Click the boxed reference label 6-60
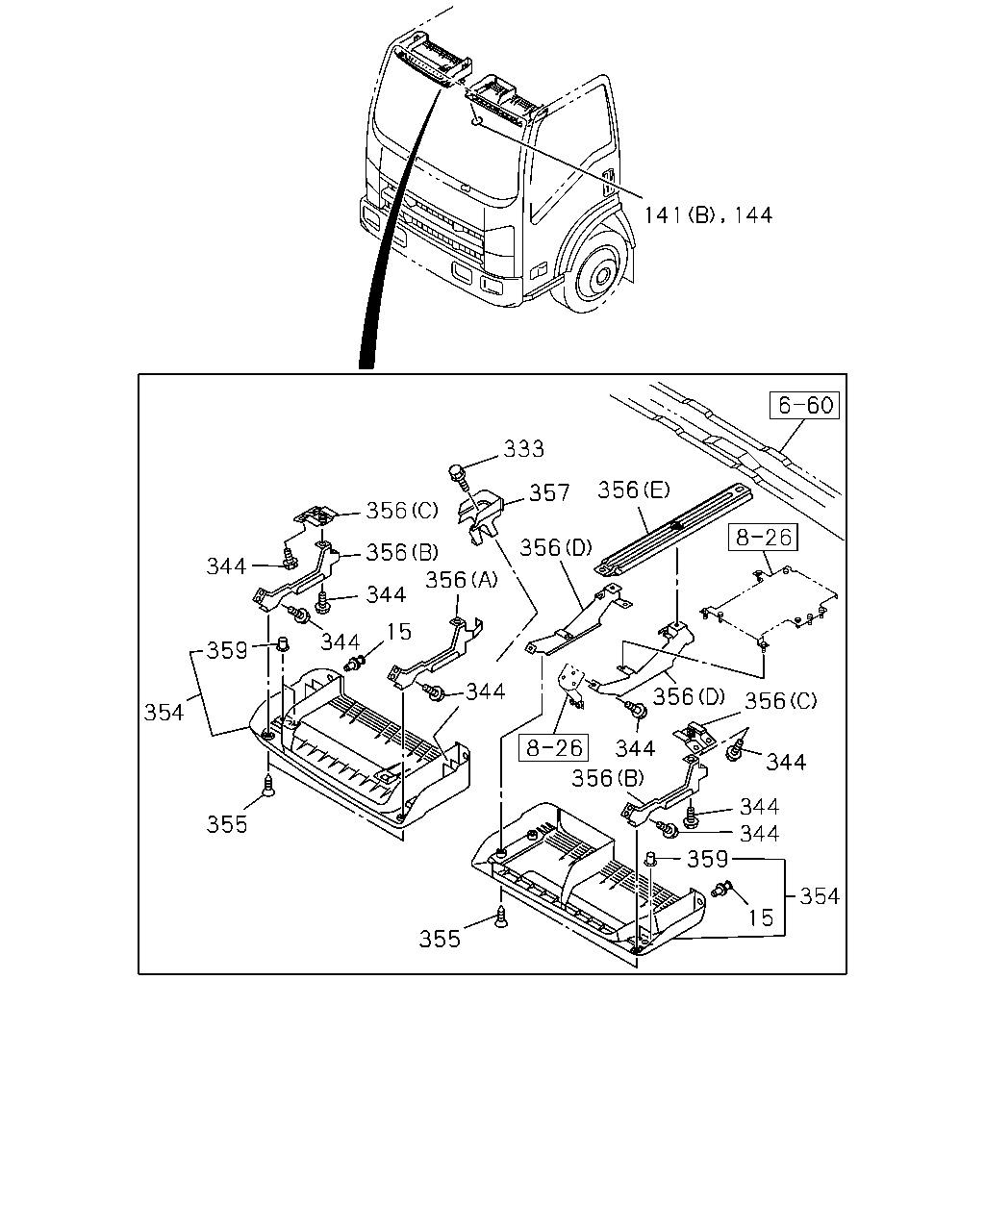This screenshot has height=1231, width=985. [x=804, y=406]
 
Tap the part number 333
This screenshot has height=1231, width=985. [x=523, y=449]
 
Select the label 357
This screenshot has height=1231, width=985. [x=549, y=492]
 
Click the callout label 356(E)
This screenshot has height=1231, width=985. [x=634, y=490]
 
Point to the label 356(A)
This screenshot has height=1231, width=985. [x=462, y=580]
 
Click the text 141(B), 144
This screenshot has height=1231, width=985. [x=709, y=215]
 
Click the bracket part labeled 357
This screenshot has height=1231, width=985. [x=480, y=516]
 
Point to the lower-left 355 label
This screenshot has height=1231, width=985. [x=227, y=824]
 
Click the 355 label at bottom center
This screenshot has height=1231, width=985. [x=440, y=939]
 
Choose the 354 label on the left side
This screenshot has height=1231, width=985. [x=164, y=713]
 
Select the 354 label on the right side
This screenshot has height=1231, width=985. [x=820, y=895]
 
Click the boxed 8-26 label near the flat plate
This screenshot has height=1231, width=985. [x=763, y=538]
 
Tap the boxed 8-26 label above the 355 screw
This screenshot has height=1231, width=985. [x=553, y=747]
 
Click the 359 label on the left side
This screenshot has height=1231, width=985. [x=227, y=650]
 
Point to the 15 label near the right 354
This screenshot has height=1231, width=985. [x=761, y=918]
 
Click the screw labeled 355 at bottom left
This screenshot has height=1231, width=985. [x=267, y=786]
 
